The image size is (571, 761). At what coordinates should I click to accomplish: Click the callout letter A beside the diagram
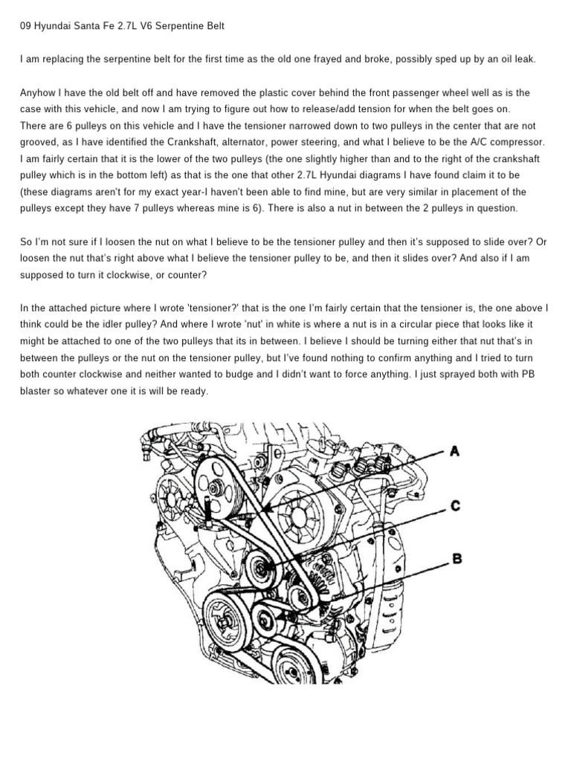click(454, 451)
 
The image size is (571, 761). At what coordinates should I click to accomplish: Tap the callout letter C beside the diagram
click(455, 506)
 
